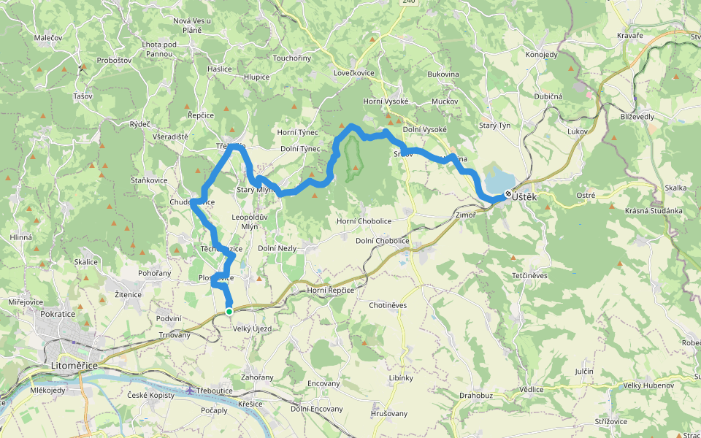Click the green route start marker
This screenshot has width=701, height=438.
[x=229, y=311]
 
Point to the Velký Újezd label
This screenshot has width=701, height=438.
[x=252, y=329]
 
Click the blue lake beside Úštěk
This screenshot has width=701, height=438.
[x=499, y=177]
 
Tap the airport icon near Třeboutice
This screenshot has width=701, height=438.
[x=191, y=390]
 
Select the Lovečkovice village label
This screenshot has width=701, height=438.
[x=354, y=74]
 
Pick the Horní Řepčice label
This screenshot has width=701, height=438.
[x=330, y=291]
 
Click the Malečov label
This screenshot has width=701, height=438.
[x=48, y=36]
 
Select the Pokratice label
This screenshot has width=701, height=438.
[x=58, y=313]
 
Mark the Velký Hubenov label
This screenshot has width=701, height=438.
[x=648, y=385]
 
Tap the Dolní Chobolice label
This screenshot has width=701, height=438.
[x=382, y=241]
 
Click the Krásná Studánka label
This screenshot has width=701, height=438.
[x=654, y=211]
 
